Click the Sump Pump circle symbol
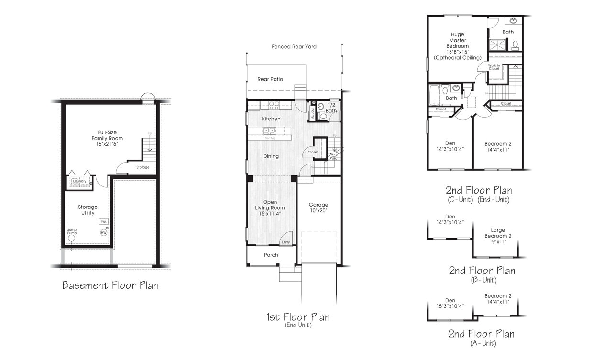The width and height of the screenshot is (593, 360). [71, 238]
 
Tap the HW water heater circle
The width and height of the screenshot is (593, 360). [104, 232]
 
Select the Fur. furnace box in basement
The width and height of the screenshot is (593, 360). [103, 221]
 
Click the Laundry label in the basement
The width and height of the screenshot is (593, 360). [79, 181]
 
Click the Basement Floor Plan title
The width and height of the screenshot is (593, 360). [110, 285]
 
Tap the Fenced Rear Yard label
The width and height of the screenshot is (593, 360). [294, 47]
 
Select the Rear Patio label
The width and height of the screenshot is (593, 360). [270, 79]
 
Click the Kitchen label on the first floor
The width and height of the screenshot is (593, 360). [271, 119]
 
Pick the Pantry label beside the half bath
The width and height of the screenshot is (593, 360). [312, 113]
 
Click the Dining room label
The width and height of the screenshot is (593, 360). [271, 156]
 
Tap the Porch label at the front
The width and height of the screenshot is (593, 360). [271, 255]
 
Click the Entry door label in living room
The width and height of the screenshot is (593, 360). [286, 242]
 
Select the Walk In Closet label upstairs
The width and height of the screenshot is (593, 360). [494, 67]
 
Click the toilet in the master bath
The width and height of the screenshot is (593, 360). [515, 45]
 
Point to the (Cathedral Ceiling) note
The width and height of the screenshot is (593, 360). [458, 58]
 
